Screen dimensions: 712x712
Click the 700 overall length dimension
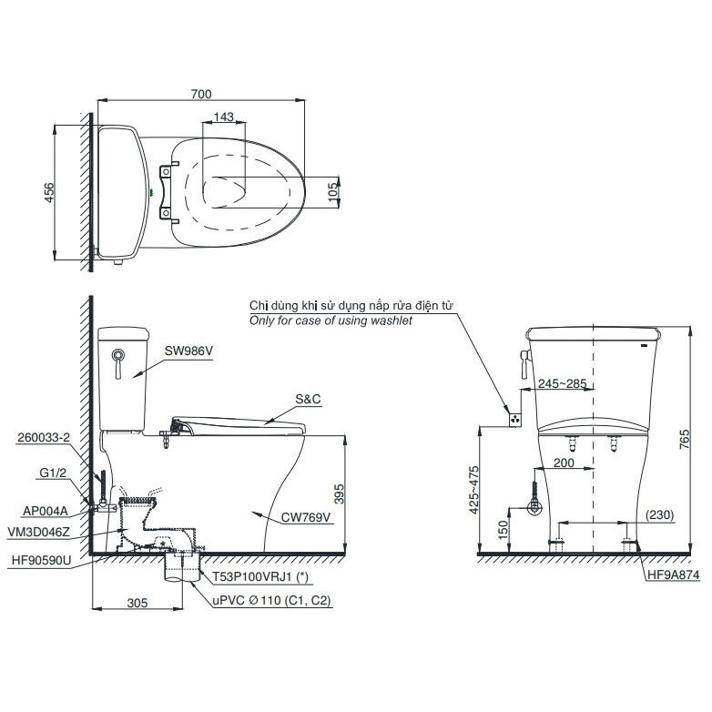(x=200, y=94)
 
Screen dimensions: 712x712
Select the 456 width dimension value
(x=48, y=192)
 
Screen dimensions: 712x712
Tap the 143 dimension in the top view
(x=223, y=117)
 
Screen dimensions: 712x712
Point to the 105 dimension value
(x=333, y=192)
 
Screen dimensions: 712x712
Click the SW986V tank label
(x=188, y=351)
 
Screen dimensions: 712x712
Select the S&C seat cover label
(x=308, y=399)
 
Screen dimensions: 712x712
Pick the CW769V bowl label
(x=306, y=517)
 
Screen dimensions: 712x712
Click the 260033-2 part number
(x=44, y=437)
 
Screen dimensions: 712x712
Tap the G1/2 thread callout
(x=53, y=473)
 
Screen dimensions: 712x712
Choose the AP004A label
(x=46, y=512)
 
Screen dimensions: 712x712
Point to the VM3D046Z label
(x=39, y=532)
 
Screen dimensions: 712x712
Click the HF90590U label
(x=42, y=561)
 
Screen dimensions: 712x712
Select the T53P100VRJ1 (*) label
(x=260, y=576)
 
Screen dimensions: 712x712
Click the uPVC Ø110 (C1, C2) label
(x=271, y=600)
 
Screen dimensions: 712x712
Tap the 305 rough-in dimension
(x=137, y=603)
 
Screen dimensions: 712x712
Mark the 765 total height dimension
(x=685, y=439)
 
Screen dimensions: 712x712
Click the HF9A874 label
(x=674, y=575)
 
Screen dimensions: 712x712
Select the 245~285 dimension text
(x=562, y=383)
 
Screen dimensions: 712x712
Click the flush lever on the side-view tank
(x=118, y=363)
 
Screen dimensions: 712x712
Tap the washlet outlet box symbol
(x=514, y=420)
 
